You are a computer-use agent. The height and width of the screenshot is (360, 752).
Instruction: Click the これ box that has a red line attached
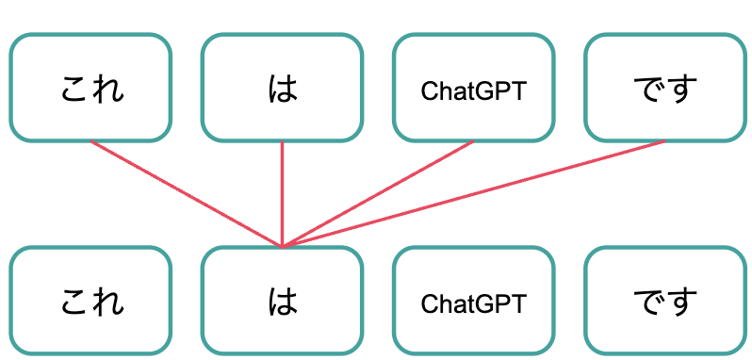click(90, 89)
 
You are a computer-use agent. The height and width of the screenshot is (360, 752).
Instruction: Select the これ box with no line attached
click(90, 301)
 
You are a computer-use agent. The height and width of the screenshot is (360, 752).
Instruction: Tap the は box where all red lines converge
click(282, 301)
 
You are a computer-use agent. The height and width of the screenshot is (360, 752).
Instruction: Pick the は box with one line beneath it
click(282, 89)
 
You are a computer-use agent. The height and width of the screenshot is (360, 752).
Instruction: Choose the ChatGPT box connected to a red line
click(473, 89)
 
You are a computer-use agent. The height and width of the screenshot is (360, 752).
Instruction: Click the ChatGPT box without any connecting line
click(473, 301)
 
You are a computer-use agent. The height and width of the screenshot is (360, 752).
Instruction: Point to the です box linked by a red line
click(664, 89)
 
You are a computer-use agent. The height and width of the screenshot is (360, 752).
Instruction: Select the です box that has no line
click(664, 301)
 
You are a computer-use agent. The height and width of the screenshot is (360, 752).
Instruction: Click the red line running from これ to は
click(186, 193)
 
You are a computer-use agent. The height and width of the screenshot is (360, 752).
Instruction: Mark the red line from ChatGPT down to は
click(377, 193)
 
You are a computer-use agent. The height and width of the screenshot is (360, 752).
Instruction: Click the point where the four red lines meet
click(282, 246)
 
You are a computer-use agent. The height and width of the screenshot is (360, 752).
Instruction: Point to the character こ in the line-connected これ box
click(74, 90)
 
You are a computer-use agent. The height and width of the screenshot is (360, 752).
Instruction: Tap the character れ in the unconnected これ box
click(107, 302)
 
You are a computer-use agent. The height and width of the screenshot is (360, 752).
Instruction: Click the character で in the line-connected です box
click(647, 90)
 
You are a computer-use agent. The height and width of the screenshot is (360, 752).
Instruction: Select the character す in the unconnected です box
click(681, 302)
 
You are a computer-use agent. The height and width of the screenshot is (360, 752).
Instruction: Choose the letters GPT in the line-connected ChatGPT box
click(503, 91)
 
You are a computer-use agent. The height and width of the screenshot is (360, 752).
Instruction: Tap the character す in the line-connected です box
click(681, 90)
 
